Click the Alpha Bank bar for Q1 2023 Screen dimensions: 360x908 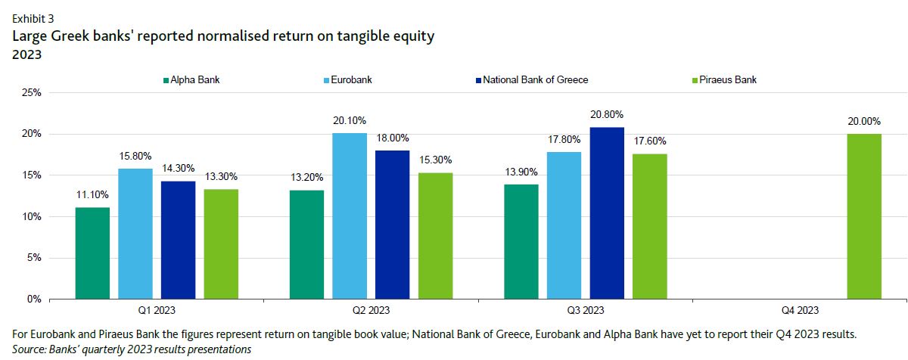(92, 253)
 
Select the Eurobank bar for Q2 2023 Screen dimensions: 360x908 (350, 216)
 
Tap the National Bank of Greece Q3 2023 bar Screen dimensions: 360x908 (607, 213)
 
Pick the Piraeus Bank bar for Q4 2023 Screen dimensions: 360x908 (864, 216)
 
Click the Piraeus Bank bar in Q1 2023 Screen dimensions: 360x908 (221, 244)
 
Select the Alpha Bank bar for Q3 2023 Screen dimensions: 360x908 (521, 242)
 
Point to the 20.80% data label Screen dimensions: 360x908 (607, 115)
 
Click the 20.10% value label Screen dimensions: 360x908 (350, 121)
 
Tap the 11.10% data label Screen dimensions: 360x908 (92, 195)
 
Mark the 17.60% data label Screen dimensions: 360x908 (649, 141)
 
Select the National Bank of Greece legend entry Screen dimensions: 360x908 (535, 79)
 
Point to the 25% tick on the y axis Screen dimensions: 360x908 (30, 93)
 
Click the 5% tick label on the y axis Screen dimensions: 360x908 (33, 258)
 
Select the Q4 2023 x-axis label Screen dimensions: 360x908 (799, 311)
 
